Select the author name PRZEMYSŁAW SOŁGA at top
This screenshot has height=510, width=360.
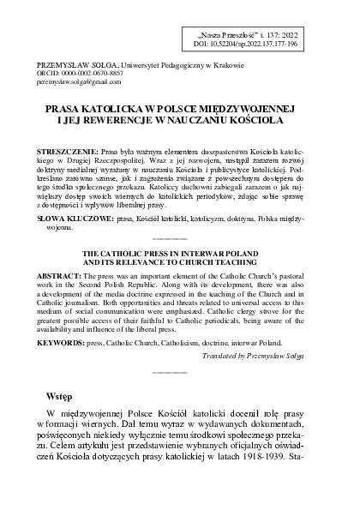click(x=69, y=64)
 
